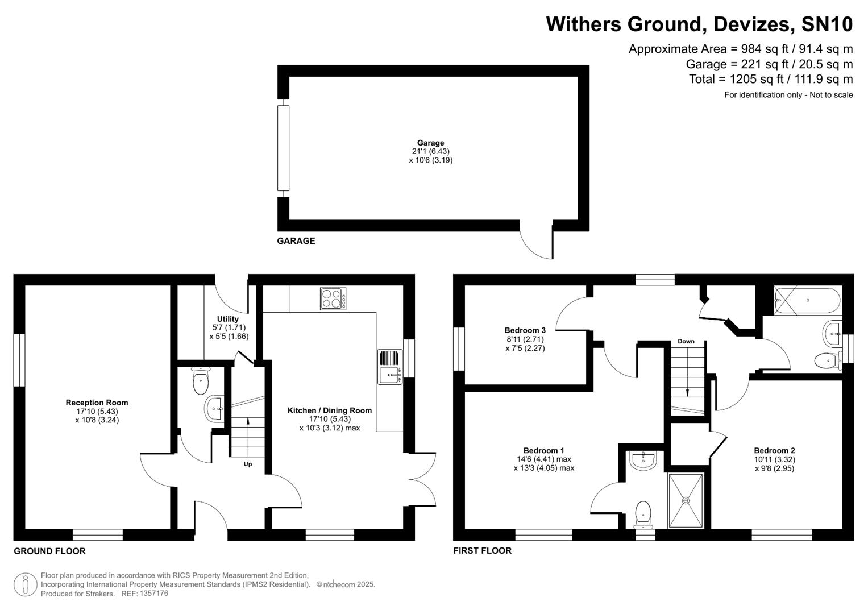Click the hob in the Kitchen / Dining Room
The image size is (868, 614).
pos(334,298)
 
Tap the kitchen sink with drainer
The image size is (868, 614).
pos(390,367)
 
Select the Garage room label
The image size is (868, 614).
pos(430,143)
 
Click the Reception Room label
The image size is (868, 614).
pos(97,403)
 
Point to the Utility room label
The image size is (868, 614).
pos(227,319)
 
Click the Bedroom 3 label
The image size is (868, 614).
pos(525,330)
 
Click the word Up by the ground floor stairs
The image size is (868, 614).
pos(248,464)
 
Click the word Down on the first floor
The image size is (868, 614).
pos(686,342)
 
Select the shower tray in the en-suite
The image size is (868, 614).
pos(686,500)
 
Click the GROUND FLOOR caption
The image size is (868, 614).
pos(49,551)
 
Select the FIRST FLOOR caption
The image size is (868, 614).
pos(482,550)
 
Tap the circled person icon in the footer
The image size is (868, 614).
pos(25,584)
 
